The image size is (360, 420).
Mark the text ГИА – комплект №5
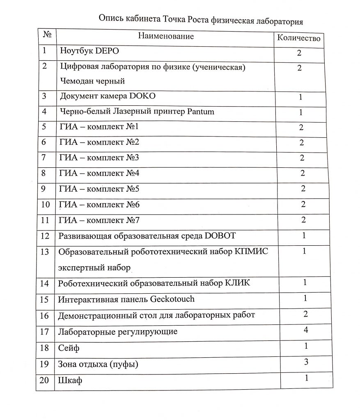click(99, 189)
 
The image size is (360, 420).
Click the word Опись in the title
click(111, 19)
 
